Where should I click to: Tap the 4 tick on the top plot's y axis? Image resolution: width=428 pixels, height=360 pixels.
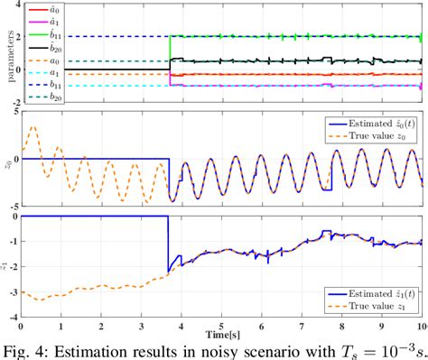pyautogui.click(x=15, y=5)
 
